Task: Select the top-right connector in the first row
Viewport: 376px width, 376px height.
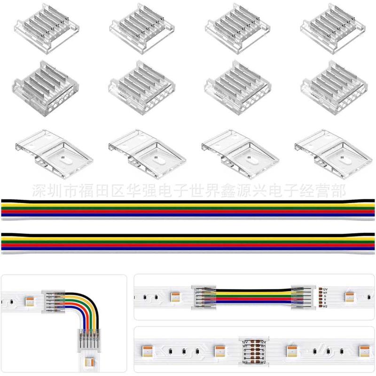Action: (x=331, y=28)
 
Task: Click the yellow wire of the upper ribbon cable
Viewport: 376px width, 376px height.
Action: (x=188, y=205)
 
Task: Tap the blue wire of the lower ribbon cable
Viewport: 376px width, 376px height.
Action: (x=188, y=247)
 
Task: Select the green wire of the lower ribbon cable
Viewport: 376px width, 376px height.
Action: (x=188, y=240)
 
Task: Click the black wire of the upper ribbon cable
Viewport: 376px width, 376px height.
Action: (x=188, y=201)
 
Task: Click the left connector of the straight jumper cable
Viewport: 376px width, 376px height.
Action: (x=201, y=297)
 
